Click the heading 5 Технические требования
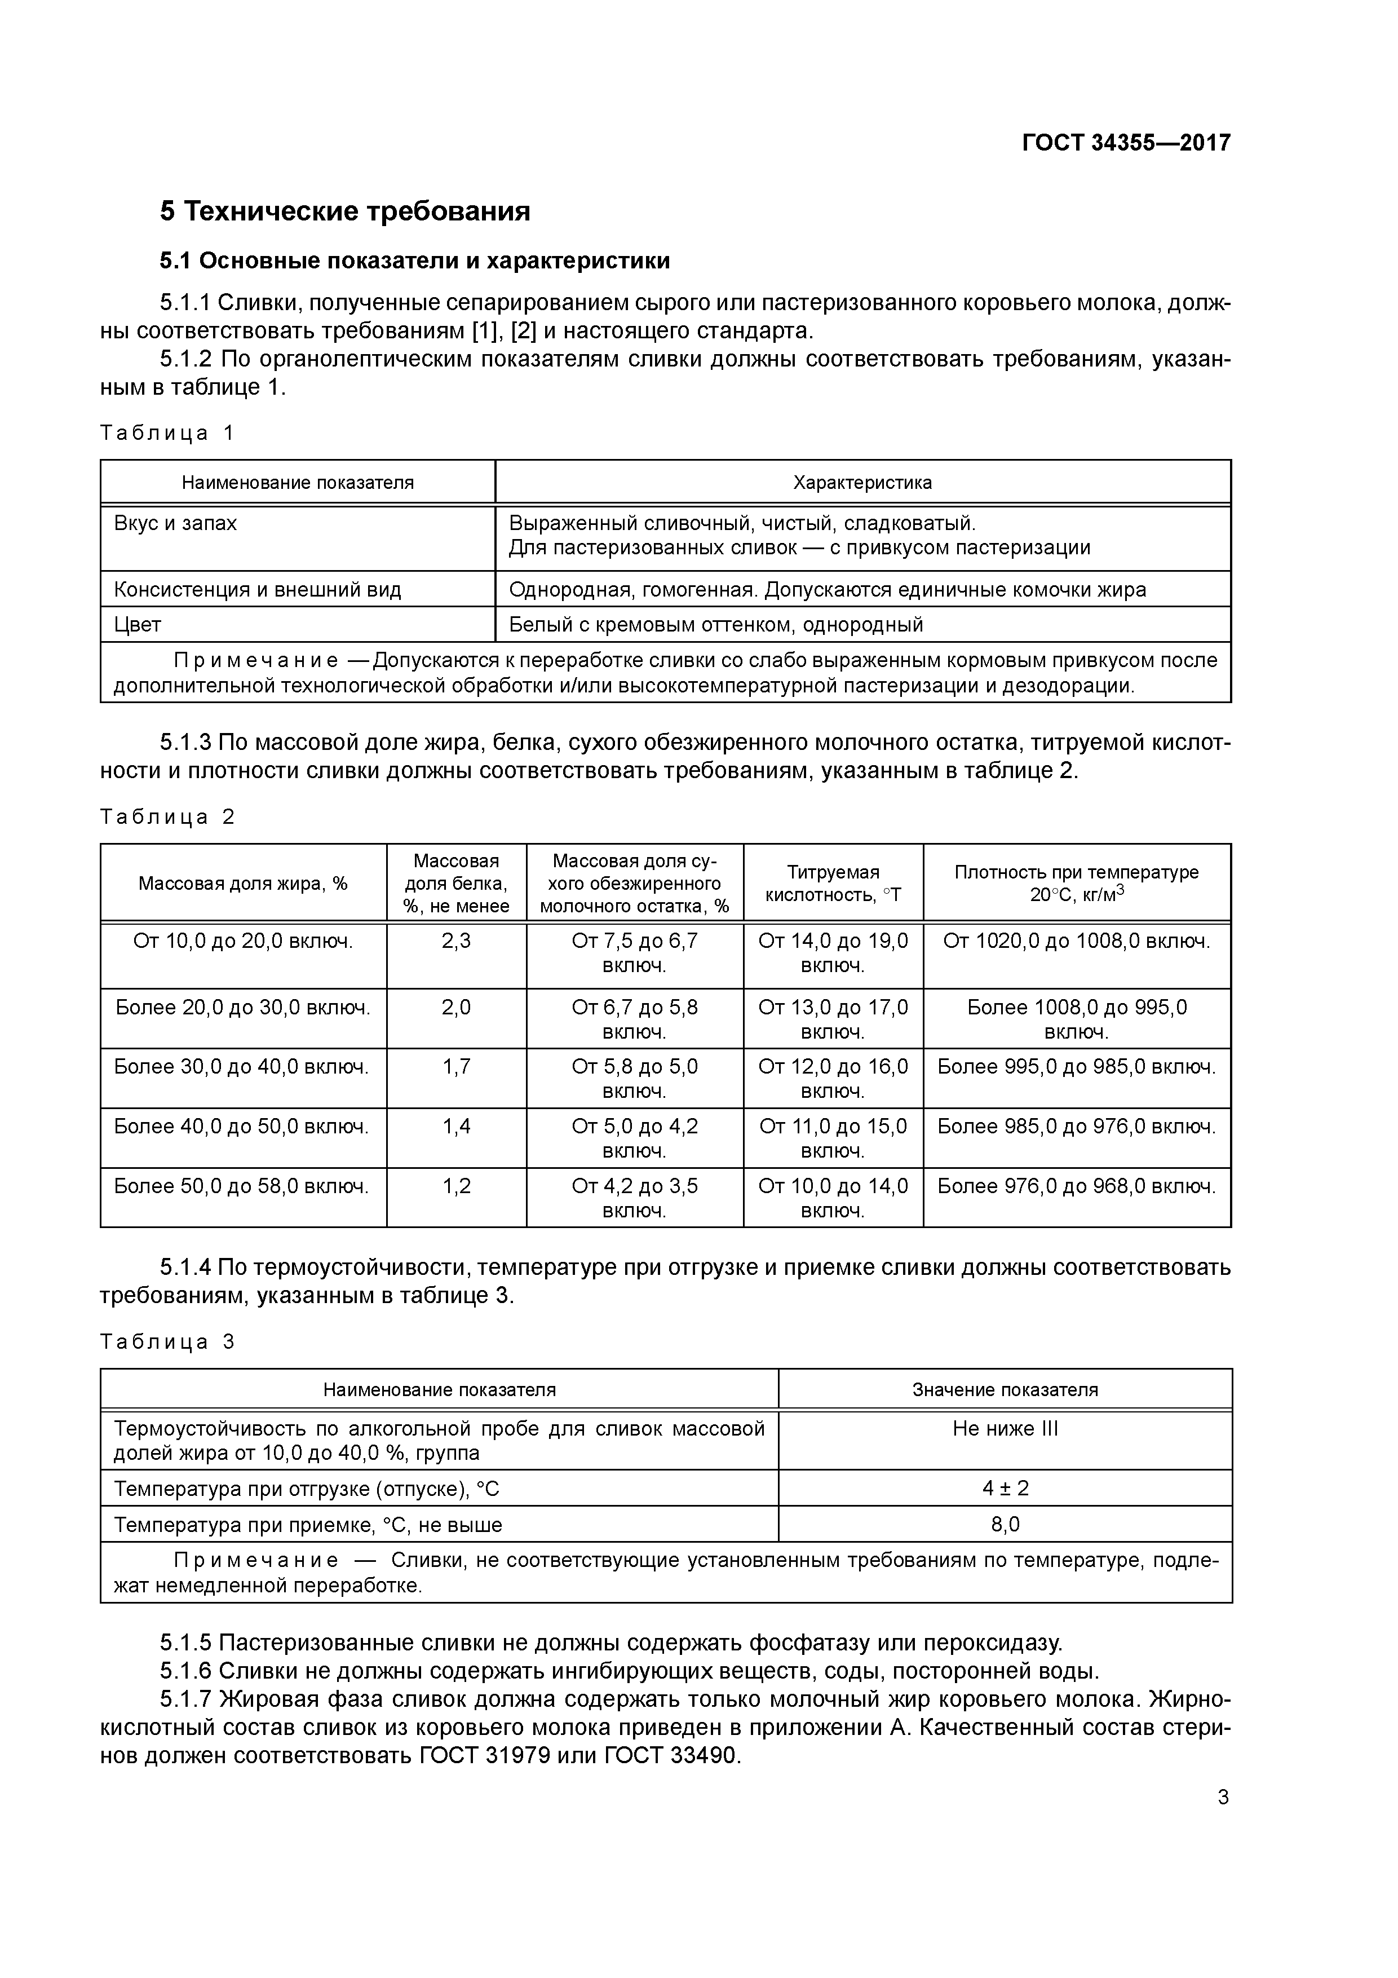[x=344, y=211]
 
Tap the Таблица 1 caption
[x=167, y=432]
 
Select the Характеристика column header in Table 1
[x=862, y=483]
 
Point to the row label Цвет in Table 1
[x=138, y=625]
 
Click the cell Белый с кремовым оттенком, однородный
[x=716, y=625]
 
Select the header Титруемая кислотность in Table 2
[x=833, y=883]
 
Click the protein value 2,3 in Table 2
[x=457, y=941]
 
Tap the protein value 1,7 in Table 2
[x=457, y=1067]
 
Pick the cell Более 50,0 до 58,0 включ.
[x=242, y=1186]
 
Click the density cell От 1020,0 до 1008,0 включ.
[x=1077, y=941]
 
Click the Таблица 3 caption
[x=167, y=1341]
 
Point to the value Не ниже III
[x=1005, y=1429]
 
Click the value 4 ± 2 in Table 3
[x=1005, y=1488]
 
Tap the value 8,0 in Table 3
[x=1005, y=1525]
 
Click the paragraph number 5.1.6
[x=185, y=1671]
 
